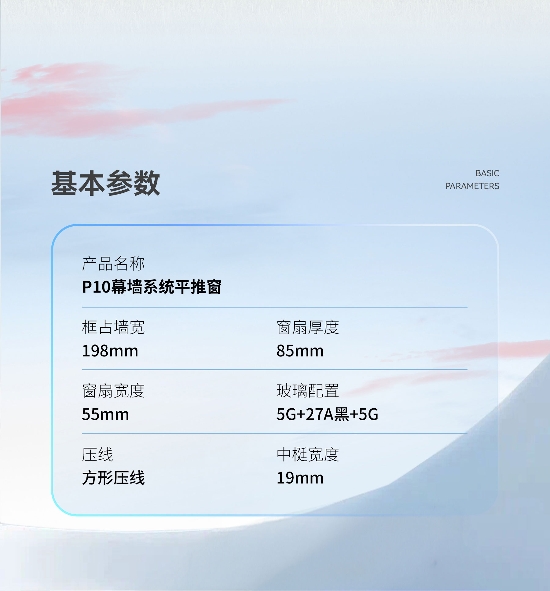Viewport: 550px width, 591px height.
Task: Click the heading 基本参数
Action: click(x=105, y=183)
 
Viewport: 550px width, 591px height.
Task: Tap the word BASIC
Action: click(x=487, y=173)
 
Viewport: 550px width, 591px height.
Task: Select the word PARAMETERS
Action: click(x=472, y=186)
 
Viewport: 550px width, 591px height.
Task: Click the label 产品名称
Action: click(x=113, y=264)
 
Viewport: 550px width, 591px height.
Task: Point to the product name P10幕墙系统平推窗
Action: click(x=152, y=287)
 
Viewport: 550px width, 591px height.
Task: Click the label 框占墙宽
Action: click(x=113, y=327)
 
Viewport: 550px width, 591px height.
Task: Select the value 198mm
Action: click(x=110, y=351)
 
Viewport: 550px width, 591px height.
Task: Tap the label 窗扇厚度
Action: click(x=308, y=327)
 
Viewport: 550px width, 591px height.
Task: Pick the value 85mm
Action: click(x=300, y=351)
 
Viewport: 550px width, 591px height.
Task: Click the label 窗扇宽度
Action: click(x=113, y=391)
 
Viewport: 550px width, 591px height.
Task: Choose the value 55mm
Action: click(x=105, y=414)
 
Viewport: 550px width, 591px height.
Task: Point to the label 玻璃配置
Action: click(x=308, y=391)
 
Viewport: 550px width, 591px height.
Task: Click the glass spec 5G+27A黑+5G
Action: click(x=327, y=414)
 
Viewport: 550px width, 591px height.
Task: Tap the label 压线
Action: click(x=97, y=454)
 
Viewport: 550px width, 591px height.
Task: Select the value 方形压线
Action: click(x=113, y=478)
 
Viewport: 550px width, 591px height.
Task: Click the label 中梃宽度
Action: click(x=308, y=454)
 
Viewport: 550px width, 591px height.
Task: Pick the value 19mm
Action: click(x=300, y=478)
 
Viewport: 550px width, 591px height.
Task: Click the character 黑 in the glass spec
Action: click(x=342, y=414)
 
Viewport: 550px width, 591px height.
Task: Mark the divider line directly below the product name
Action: click(x=275, y=307)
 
